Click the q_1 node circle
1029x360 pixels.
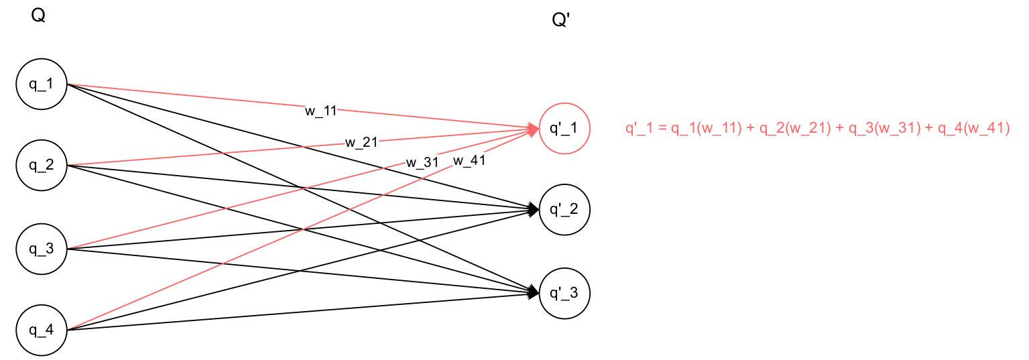[x=41, y=84]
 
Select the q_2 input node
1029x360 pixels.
[x=41, y=166]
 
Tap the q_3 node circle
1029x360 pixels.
[x=41, y=249]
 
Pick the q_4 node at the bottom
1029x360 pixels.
[x=41, y=330]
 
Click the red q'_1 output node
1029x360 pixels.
[x=564, y=128]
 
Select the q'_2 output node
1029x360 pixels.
[x=564, y=210]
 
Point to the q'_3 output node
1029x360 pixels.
[x=564, y=293]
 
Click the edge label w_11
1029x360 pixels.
[x=321, y=111]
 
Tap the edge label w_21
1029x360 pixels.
[x=361, y=142]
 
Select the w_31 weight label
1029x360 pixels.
[x=422, y=163]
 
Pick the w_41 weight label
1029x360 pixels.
[x=469, y=160]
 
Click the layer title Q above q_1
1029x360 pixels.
[x=38, y=16]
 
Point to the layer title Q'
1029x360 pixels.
[x=560, y=21]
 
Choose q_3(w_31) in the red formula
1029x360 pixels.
[x=884, y=129]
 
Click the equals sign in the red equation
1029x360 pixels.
[x=660, y=129]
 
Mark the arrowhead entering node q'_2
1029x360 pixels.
[x=534, y=211]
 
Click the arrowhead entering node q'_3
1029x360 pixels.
[x=534, y=292]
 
